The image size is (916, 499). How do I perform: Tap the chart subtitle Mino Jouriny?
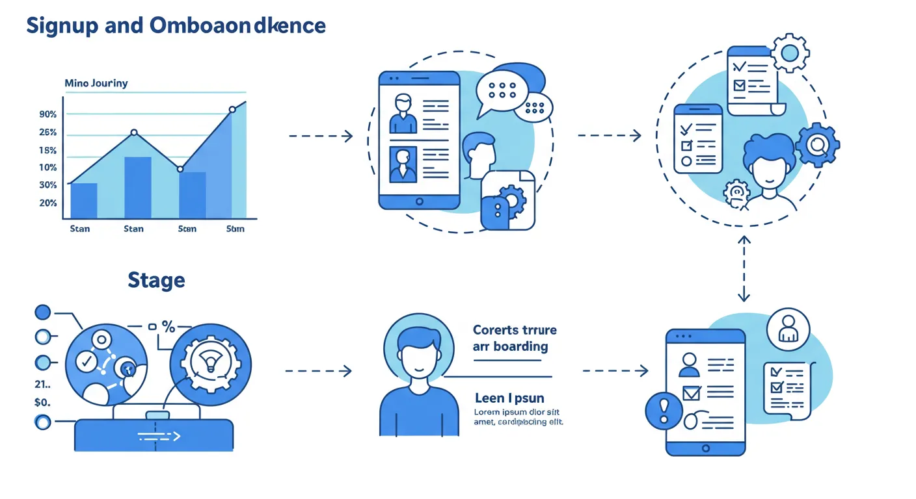tap(96, 83)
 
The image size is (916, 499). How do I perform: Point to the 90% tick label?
tap(48, 114)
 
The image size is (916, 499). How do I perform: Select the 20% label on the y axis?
tap(48, 203)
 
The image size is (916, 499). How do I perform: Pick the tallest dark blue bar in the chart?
tap(138, 187)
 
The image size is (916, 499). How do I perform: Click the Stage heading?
tap(156, 280)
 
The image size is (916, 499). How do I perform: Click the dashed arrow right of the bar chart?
tap(320, 136)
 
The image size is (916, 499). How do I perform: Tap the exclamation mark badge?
tap(664, 409)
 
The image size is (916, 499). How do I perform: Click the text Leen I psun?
tap(509, 398)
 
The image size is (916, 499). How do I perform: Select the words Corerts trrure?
tap(514, 330)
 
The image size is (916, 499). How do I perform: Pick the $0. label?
tap(42, 402)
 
